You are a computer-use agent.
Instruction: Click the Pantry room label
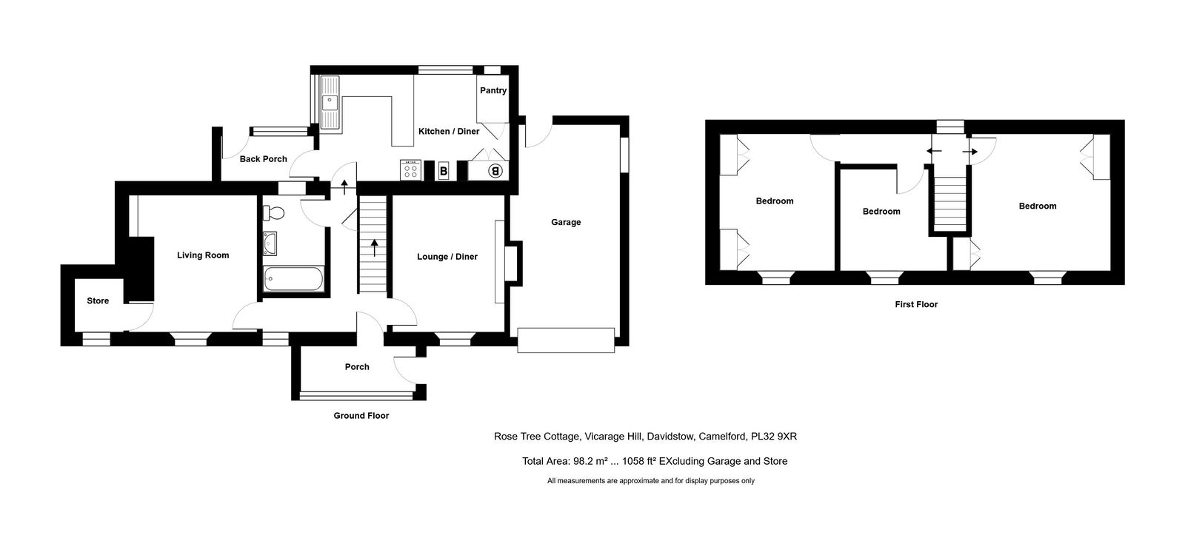coord(493,90)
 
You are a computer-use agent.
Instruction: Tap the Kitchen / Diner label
coord(449,131)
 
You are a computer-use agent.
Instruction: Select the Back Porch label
coord(263,159)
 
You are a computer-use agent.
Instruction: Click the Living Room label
coord(203,255)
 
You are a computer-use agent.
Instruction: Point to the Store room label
coord(98,300)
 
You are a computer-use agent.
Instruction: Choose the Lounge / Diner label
coord(447,257)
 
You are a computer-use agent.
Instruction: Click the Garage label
coord(566,223)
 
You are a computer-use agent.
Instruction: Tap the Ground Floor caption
coord(361,416)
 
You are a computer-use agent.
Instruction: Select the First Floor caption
coord(915,304)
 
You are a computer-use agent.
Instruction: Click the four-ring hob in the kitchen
coord(410,170)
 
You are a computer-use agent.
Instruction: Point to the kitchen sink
coord(330,103)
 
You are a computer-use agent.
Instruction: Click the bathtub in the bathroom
coord(293,278)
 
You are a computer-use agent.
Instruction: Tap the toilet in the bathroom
coord(273,213)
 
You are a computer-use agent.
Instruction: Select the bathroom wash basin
coord(270,243)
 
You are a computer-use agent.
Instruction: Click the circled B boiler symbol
coord(495,171)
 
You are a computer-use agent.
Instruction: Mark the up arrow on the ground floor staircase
coord(375,247)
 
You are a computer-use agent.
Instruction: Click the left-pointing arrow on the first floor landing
coord(934,151)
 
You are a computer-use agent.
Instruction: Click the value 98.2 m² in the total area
coord(590,461)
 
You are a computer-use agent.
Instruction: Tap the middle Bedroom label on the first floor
coord(881,212)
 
